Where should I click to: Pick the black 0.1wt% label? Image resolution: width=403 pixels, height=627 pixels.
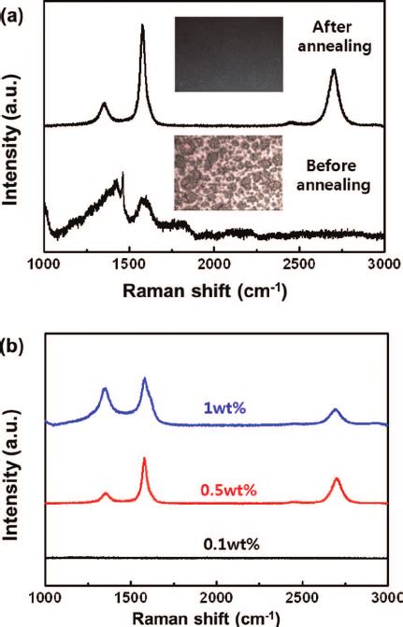click(x=229, y=543)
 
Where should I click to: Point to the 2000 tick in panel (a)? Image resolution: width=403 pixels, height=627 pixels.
click(x=214, y=263)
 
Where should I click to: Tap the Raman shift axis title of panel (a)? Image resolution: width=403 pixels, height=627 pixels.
click(x=214, y=289)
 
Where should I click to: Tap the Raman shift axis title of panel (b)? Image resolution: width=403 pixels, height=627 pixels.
click(x=214, y=618)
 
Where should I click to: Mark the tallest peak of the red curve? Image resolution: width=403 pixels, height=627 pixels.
click(x=144, y=459)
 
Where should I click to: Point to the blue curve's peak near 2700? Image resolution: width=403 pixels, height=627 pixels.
click(x=335, y=409)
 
